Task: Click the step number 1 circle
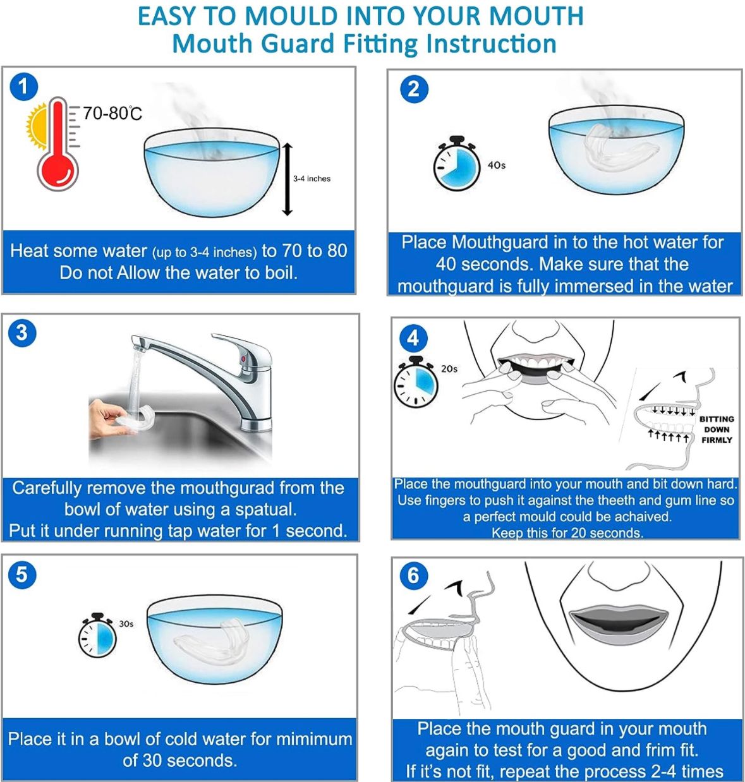point(24,87)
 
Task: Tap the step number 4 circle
point(413,338)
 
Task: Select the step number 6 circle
point(413,575)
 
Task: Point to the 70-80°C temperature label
point(112,114)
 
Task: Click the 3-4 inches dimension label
point(312,179)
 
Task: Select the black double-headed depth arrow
point(288,179)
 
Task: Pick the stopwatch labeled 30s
point(98,637)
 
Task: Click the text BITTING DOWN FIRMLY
point(717,430)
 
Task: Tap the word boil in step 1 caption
point(277,273)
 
